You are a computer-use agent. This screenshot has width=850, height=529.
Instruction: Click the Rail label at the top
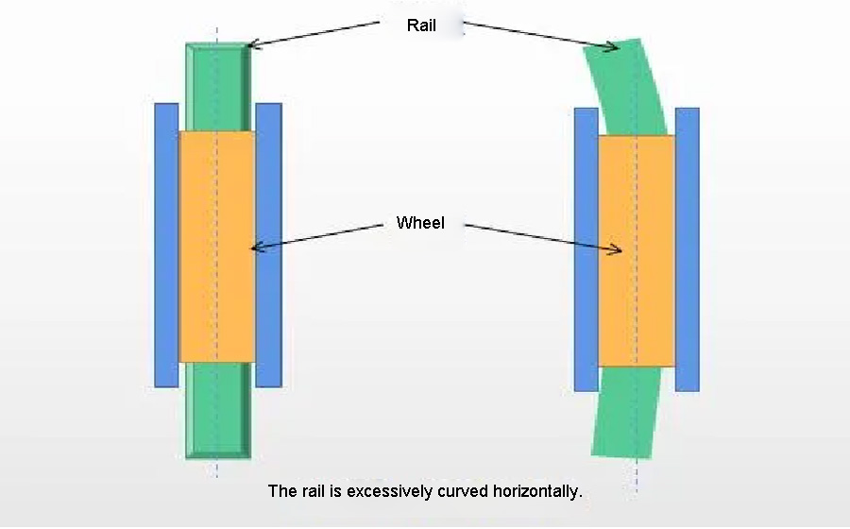pos(421,26)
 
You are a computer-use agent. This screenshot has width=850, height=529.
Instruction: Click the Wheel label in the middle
pos(420,223)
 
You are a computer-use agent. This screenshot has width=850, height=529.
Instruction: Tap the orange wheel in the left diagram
pos(216,247)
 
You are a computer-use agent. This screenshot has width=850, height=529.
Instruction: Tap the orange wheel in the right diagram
pos(637,251)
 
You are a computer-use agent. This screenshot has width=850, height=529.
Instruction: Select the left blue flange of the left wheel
pos(166,245)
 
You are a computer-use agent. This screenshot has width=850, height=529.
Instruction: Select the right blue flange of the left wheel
pos(269,245)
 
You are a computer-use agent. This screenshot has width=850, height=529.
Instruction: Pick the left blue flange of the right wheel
pos(586,249)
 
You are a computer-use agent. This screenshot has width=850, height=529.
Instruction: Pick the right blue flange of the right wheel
pos(688,249)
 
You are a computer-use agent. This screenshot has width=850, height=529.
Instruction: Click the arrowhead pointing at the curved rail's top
pos(613,46)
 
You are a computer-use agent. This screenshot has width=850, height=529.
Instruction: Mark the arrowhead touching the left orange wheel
pos(256,247)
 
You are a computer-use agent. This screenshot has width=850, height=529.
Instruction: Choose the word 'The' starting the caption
pos(281,491)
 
